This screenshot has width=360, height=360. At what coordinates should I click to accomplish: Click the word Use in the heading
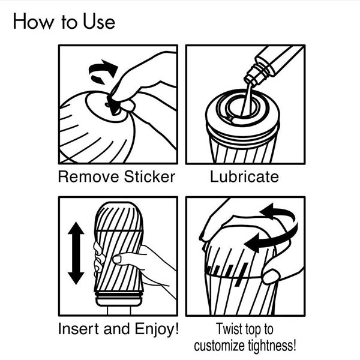click(x=99, y=22)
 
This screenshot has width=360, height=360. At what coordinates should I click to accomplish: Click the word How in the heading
click(x=33, y=22)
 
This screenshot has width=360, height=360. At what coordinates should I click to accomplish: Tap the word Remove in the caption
click(x=88, y=177)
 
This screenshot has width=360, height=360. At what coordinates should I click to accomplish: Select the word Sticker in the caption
click(x=149, y=177)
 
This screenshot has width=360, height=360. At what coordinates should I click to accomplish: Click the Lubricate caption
click(x=245, y=177)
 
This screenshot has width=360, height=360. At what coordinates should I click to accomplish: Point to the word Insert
click(x=79, y=329)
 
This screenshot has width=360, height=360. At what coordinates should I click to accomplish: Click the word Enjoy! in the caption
click(x=157, y=329)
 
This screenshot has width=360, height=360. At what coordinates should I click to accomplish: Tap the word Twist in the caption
click(x=229, y=329)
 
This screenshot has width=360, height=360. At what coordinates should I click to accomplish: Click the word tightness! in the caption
click(x=272, y=346)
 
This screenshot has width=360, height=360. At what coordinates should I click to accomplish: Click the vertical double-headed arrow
click(x=76, y=253)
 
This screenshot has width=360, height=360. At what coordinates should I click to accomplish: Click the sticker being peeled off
click(x=113, y=106)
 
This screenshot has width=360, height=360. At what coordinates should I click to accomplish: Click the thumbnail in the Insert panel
click(x=117, y=259)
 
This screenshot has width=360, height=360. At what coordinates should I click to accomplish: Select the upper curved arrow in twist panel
click(x=278, y=212)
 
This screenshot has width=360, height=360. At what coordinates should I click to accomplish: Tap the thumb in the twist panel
click(x=271, y=276)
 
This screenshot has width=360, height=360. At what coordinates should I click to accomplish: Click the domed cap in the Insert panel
click(x=118, y=216)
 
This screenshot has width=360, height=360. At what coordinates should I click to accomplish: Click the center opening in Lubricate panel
click(x=241, y=107)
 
